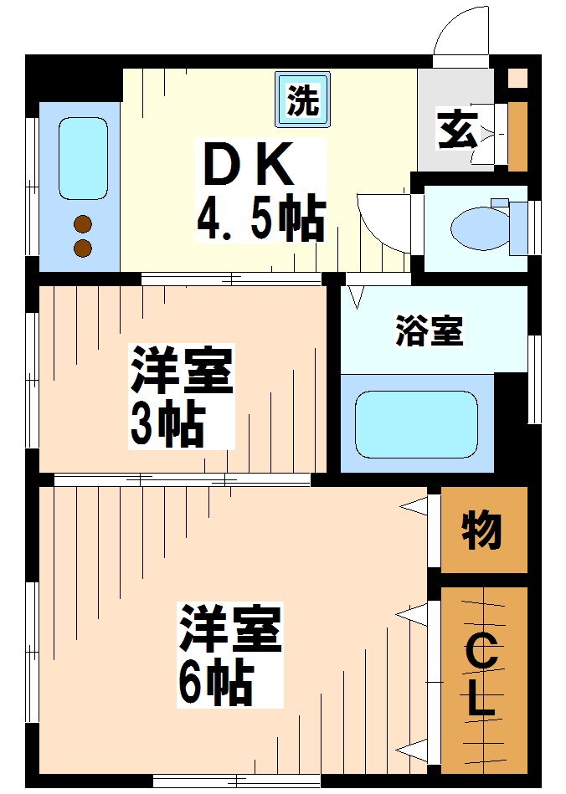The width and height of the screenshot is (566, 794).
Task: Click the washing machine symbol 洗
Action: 302,100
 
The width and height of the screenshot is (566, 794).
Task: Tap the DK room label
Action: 249,164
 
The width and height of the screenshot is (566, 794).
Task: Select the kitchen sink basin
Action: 84,159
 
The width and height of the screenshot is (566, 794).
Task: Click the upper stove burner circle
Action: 83,224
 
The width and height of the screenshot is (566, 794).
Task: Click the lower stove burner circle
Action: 83,248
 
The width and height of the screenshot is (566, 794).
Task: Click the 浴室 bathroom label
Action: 429,332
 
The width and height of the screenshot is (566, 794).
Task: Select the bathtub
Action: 416,423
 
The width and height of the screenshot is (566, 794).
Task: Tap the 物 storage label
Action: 482,530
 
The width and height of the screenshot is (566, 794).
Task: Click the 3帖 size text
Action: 167,426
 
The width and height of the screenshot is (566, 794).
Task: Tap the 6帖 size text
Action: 215,684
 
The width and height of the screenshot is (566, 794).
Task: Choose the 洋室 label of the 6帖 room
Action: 228,629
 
